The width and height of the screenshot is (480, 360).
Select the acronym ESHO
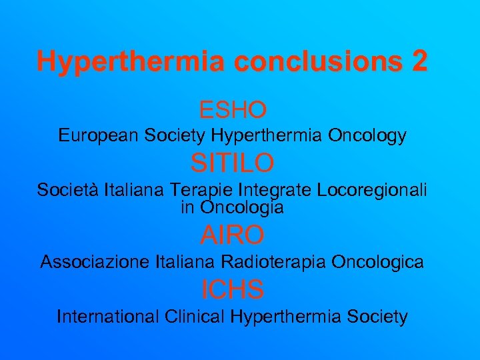233,108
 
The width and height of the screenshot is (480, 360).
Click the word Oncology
367,136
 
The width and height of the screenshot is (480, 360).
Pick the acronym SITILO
232,162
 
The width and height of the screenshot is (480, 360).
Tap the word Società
67,190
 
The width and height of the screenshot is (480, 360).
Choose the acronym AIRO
233,235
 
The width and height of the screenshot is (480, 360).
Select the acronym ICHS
233,289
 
